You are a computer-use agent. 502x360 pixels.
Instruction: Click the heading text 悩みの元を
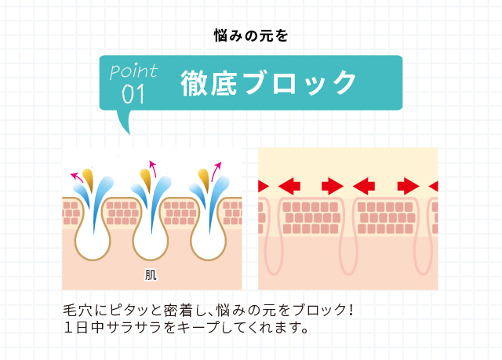coord(251,35)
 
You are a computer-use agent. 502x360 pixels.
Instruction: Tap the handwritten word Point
coord(133,71)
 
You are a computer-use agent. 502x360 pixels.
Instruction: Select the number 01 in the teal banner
coord(133,94)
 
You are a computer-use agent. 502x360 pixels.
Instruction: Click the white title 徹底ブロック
coord(268,83)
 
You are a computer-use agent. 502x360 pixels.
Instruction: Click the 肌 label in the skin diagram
coord(151,275)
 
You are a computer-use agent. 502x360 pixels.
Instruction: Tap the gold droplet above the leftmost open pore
coord(88,179)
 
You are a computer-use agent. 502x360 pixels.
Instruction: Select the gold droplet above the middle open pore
coord(145,179)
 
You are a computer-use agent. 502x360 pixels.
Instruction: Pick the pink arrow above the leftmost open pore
coord(77,176)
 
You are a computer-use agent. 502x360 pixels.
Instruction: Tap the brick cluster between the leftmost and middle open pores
coord(122,213)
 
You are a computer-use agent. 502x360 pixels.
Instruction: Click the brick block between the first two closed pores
coord(311,217)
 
